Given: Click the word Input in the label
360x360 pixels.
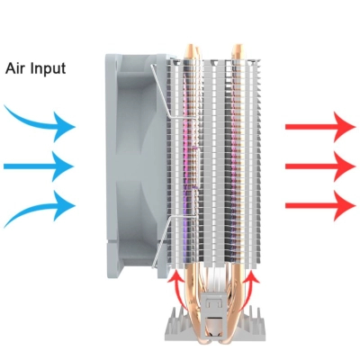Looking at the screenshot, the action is click(x=48, y=69).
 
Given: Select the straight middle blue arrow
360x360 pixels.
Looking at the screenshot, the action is click(x=39, y=166).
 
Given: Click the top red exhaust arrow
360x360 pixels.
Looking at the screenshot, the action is click(x=320, y=127).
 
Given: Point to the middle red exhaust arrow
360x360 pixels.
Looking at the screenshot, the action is click(x=320, y=166).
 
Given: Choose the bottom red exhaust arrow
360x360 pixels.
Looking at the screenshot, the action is click(x=320, y=206).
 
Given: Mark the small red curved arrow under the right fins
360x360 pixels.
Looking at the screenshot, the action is click(x=249, y=286).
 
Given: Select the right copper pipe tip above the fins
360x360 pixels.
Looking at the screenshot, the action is click(x=238, y=51).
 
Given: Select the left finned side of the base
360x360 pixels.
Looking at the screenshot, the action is click(x=177, y=325).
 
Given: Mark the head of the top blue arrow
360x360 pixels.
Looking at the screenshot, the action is click(x=64, y=127).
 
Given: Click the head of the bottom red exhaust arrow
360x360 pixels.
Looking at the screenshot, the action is click(x=345, y=206).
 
